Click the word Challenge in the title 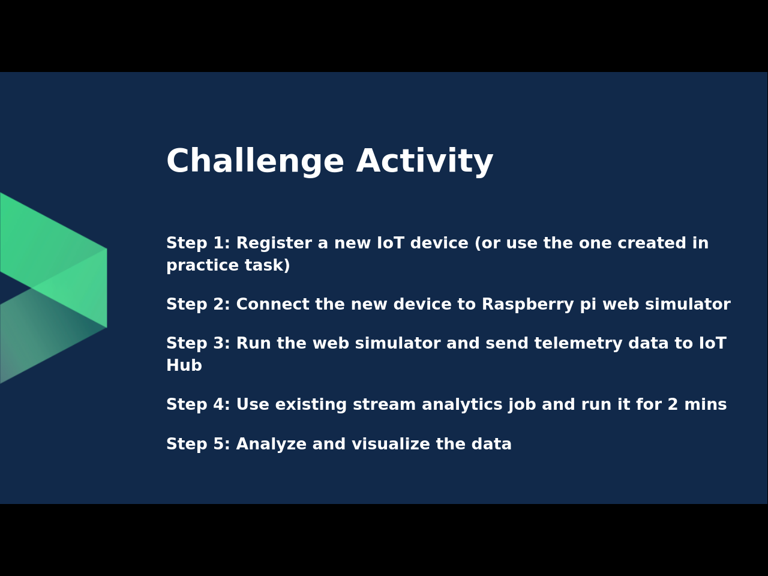click(x=256, y=161)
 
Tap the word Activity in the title click(x=424, y=161)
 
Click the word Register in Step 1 click(x=274, y=244)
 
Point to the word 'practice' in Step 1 click(x=203, y=265)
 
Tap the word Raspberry click(x=527, y=305)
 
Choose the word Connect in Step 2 click(x=272, y=304)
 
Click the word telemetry click(x=578, y=343)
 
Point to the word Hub click(x=184, y=365)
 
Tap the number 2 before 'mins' click(x=673, y=404)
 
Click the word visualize click(x=391, y=444)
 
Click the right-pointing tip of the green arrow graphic click(x=106, y=288)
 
